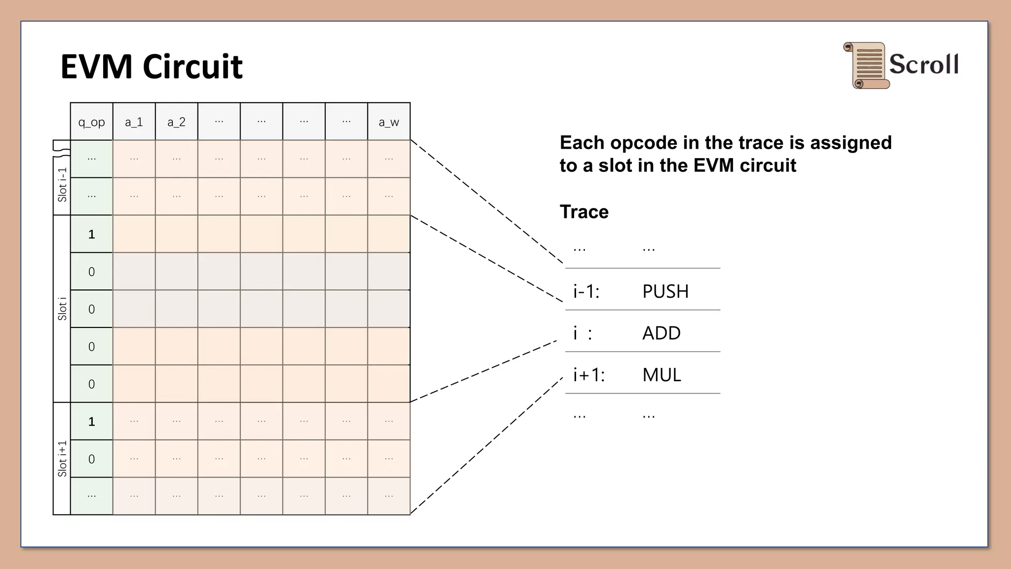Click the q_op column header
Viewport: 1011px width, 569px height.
coord(91,122)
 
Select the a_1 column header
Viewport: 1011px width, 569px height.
coord(134,122)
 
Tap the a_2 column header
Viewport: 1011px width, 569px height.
coord(176,122)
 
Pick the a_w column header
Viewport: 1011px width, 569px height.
coord(389,122)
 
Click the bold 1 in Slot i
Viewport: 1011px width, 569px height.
coord(91,234)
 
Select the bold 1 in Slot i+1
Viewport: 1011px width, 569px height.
coord(91,421)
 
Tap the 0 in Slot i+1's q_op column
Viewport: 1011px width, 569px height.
coord(91,459)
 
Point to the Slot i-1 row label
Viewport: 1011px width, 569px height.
coord(62,185)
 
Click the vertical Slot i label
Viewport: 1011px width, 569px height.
coord(62,309)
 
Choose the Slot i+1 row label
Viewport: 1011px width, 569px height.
coord(62,459)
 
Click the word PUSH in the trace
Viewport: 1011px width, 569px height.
coord(665,291)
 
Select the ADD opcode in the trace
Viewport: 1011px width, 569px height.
coord(661,333)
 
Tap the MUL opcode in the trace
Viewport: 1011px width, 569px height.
coord(661,375)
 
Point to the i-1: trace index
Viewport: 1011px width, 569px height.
coord(586,291)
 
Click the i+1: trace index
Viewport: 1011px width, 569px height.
coord(589,375)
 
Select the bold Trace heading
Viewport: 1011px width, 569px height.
coord(584,212)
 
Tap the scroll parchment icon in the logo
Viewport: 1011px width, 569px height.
coord(866,65)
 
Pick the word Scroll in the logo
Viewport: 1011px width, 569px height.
coord(924,64)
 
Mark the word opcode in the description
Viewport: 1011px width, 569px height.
coord(641,143)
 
